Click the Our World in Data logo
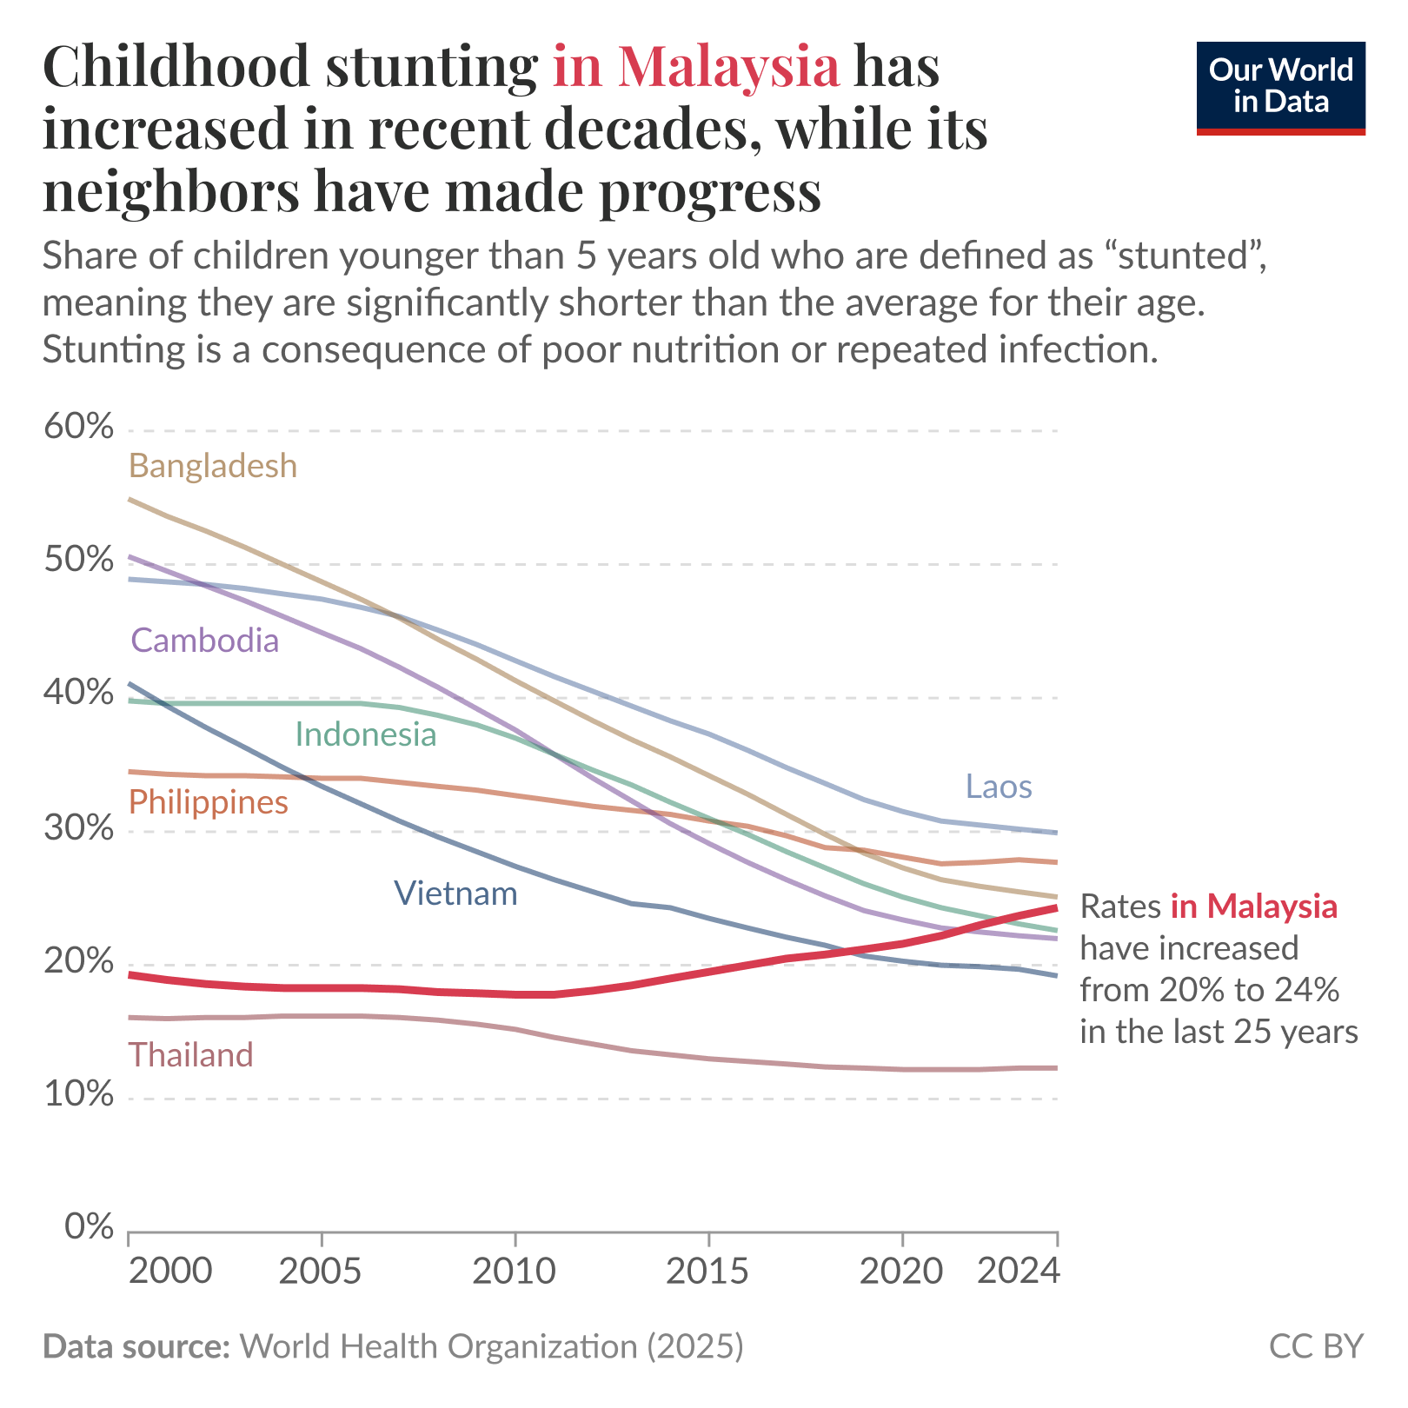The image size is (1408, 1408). [x=1280, y=87]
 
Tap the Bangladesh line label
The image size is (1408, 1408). [x=213, y=467]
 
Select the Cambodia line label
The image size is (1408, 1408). [x=205, y=641]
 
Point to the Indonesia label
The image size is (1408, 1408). [x=366, y=735]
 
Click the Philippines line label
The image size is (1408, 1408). [x=209, y=802]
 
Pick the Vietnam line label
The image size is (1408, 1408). [x=455, y=893]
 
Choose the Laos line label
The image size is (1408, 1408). [x=999, y=787]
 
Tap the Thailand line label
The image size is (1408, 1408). [x=191, y=1055]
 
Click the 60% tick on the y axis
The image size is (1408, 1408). [x=78, y=428]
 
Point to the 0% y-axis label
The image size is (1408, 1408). [x=89, y=1227]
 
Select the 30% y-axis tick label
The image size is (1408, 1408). [x=78, y=828]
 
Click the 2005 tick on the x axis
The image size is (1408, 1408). [x=322, y=1272]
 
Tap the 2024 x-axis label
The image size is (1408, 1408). [x=1019, y=1272]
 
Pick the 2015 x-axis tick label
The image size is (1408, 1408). [x=708, y=1272]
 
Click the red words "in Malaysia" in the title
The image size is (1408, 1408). [x=696, y=67]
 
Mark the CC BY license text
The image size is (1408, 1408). [x=1316, y=1346]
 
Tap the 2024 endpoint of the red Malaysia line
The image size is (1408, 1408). [x=1056, y=907]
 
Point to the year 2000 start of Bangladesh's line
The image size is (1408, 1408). [x=130, y=500]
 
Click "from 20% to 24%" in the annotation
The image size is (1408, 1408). [x=1210, y=990]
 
